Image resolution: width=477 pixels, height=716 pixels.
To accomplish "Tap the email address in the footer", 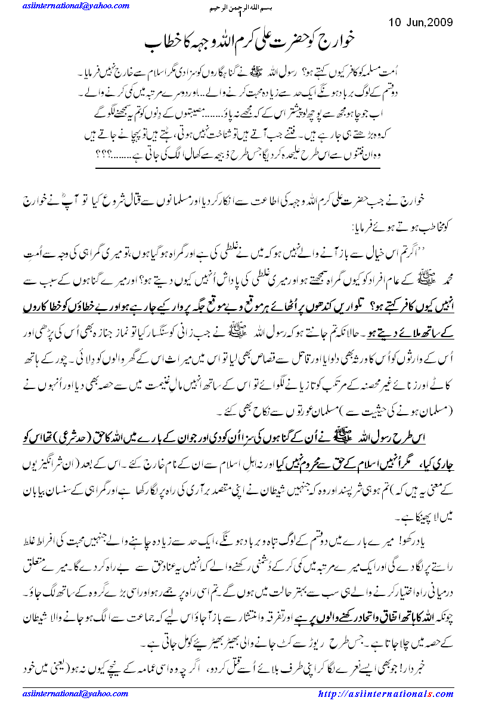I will [65, 694].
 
